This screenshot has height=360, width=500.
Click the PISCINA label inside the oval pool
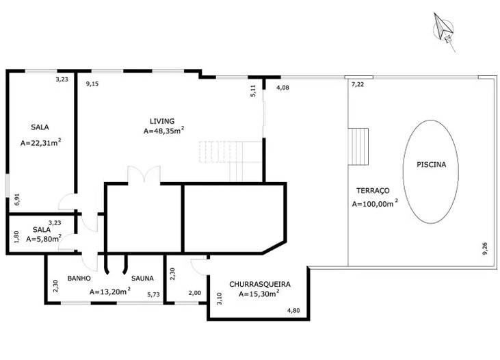[431, 165]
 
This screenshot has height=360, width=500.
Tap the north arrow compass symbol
[443, 29]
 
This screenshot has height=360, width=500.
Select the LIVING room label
[162, 121]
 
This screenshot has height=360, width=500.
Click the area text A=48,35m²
[164, 131]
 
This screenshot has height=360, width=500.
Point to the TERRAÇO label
[373, 191]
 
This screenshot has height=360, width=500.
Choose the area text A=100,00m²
[375, 204]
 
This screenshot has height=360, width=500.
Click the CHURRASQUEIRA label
[260, 284]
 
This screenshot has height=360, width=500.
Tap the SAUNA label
[142, 279]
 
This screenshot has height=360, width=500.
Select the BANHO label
[79, 279]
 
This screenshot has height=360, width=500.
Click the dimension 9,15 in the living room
[92, 84]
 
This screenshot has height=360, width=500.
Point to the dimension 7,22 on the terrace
[358, 85]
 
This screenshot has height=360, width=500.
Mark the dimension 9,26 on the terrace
[485, 248]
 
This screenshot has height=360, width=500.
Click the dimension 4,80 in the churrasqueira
[293, 310]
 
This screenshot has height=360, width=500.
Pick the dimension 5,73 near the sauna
[153, 294]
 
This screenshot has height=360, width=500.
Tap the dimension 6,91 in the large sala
[17, 199]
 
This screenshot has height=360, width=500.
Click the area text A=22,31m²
[41, 142]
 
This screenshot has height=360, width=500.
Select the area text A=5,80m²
[44, 238]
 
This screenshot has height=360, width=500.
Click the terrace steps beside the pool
[358, 146]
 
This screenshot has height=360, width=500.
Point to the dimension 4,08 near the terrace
[282, 88]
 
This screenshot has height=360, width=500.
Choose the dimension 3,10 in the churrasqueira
[220, 298]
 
